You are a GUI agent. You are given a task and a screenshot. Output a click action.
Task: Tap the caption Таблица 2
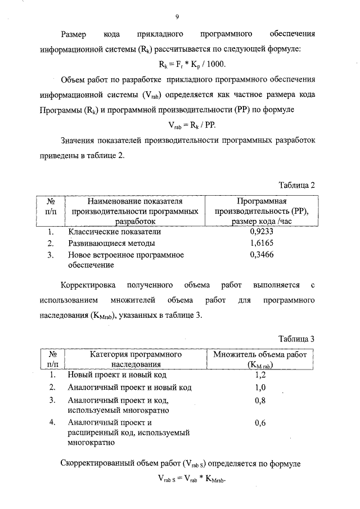point(296,184)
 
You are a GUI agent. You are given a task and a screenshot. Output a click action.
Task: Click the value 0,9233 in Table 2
point(262,231)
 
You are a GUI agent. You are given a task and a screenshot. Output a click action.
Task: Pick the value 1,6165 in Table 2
point(262,243)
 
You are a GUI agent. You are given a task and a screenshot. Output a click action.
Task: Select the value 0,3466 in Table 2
point(262,255)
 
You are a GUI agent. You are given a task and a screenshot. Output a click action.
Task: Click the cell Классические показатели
point(115,231)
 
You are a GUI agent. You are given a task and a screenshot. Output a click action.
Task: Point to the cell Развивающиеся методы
point(111,243)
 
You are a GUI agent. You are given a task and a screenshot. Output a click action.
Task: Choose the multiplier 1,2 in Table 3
point(260,375)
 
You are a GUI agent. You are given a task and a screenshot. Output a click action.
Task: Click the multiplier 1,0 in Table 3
point(260,388)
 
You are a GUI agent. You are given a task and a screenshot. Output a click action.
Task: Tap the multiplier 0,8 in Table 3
point(260,400)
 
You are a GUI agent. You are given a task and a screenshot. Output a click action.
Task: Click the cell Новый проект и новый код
point(117,375)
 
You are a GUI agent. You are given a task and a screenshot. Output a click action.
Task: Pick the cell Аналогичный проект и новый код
point(130,388)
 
